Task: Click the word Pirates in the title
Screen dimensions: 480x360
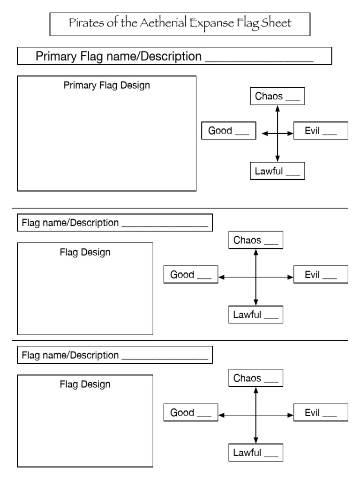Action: tap(83, 23)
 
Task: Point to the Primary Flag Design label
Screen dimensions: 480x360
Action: tap(107, 85)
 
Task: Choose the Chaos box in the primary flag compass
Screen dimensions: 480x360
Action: tap(277, 97)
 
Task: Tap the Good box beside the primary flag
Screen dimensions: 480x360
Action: tap(229, 131)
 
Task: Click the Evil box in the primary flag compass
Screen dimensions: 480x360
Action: tap(321, 131)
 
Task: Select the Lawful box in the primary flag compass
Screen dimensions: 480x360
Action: tap(277, 171)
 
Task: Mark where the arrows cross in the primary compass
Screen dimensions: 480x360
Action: tap(277, 134)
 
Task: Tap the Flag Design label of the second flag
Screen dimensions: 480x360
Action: tap(85, 252)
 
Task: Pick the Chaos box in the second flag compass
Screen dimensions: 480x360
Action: tap(255, 240)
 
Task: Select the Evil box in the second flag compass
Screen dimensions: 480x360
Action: tap(321, 275)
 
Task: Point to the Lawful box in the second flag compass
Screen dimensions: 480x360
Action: tap(255, 315)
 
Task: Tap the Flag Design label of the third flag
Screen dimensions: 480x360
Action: tap(85, 384)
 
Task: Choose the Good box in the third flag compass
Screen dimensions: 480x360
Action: tap(190, 412)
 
